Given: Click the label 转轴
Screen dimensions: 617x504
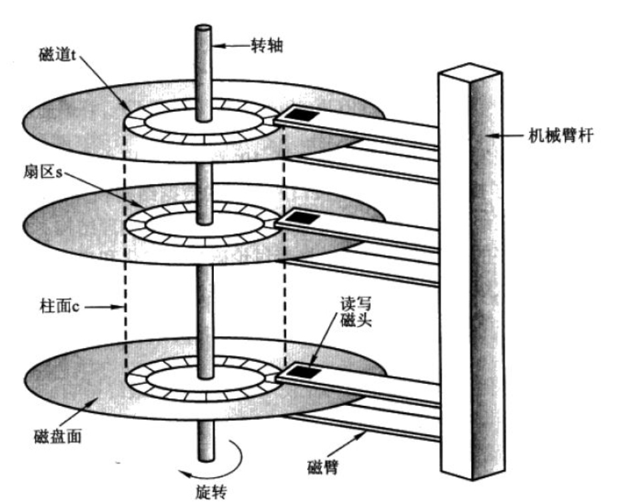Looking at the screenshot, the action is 267,46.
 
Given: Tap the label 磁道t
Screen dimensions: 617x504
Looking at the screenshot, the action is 57,55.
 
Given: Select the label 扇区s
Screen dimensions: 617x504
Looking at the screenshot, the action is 43,172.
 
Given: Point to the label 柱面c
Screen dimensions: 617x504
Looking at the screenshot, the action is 60,306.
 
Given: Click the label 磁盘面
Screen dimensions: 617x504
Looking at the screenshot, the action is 58,436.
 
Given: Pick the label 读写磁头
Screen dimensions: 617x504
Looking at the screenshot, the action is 356,311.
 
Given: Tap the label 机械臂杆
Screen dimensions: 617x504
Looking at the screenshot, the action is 561,136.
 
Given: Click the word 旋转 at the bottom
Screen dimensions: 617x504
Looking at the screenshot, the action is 211,492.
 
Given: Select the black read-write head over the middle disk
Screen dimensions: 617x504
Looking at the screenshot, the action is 303,217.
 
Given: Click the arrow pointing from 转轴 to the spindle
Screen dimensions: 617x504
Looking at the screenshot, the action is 231,46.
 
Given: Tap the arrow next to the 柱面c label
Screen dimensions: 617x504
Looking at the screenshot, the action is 104,307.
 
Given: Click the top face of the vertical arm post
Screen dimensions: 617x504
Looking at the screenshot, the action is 470,71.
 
